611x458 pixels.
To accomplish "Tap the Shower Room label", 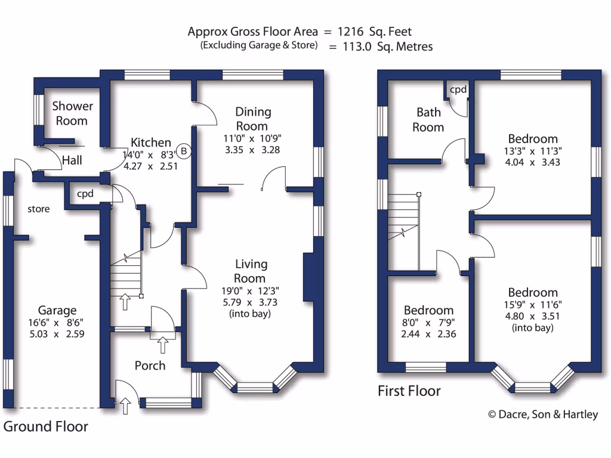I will tap(72, 113).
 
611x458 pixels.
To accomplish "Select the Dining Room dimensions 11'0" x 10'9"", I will tap(253, 138).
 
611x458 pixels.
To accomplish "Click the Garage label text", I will tap(57, 310).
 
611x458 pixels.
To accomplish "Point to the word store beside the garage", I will tap(39, 209).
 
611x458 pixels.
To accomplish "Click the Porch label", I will tap(150, 366).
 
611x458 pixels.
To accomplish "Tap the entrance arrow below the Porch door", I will tap(125, 407).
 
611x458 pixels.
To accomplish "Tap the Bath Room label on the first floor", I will tap(428, 119).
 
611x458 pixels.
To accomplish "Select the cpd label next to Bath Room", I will tap(458, 90).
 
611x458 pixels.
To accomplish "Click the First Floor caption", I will tap(409, 391).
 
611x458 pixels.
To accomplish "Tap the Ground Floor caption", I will tap(46, 426).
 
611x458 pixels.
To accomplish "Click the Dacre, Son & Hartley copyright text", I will tap(543, 414).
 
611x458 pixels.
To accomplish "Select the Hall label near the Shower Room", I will tap(72, 160).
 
